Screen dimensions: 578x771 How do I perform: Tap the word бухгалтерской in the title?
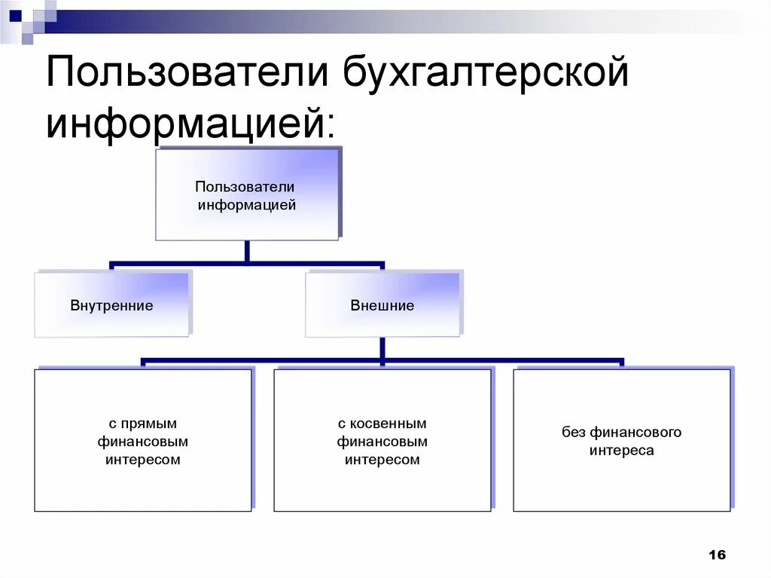coord(487,76)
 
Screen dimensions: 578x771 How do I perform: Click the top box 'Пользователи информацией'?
coord(247,194)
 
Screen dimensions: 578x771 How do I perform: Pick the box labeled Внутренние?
coord(111,304)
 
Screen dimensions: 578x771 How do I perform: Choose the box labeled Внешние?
coord(382,304)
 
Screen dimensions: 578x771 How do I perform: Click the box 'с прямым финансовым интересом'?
coord(143,441)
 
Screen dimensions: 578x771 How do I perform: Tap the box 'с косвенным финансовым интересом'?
coord(382,441)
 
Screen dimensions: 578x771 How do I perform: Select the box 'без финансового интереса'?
coord(622,441)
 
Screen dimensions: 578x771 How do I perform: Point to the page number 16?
coord(717,555)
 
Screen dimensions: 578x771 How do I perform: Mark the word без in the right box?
coord(573,433)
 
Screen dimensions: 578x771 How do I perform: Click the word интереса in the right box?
coord(622,451)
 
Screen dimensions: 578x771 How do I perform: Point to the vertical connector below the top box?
coord(247,252)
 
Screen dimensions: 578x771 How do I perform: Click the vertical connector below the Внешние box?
coord(382,348)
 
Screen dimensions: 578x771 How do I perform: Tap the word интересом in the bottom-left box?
coord(143,460)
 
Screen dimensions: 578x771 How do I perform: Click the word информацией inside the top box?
coord(247,204)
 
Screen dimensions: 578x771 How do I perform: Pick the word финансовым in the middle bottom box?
coord(382,442)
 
